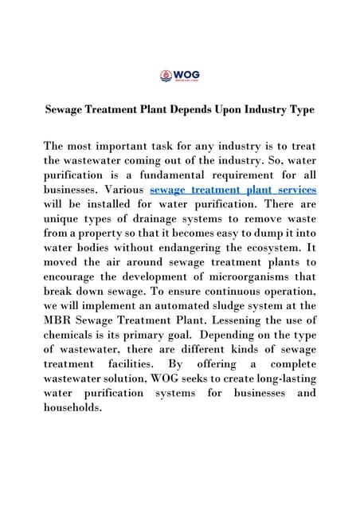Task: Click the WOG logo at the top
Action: (179, 76)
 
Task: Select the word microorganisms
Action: (233, 276)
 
